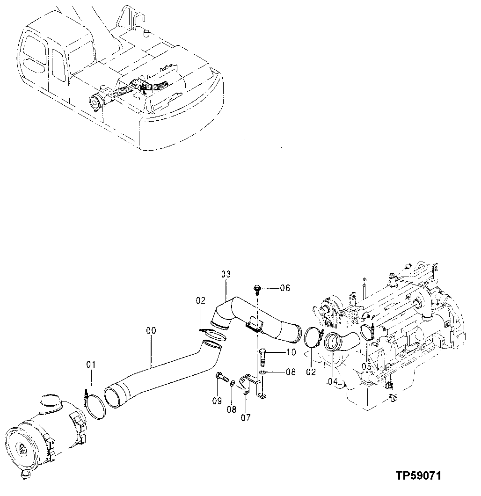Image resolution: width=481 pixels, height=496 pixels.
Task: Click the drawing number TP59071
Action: pyautogui.click(x=418, y=476)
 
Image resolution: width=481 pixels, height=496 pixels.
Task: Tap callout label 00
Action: pyautogui.click(x=151, y=331)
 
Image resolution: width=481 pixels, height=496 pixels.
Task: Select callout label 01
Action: pyautogui.click(x=91, y=364)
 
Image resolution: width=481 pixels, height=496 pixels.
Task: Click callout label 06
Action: pyautogui.click(x=285, y=288)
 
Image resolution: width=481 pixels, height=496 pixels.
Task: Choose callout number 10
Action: pyautogui.click(x=291, y=352)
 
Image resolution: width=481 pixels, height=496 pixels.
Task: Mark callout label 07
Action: pyautogui.click(x=246, y=417)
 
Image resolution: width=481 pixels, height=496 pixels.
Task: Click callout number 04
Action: pyautogui.click(x=333, y=381)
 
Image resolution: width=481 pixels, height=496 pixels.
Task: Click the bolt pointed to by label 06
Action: pyautogui.click(x=256, y=289)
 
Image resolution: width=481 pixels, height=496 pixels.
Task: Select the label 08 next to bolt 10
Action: pyautogui.click(x=291, y=373)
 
